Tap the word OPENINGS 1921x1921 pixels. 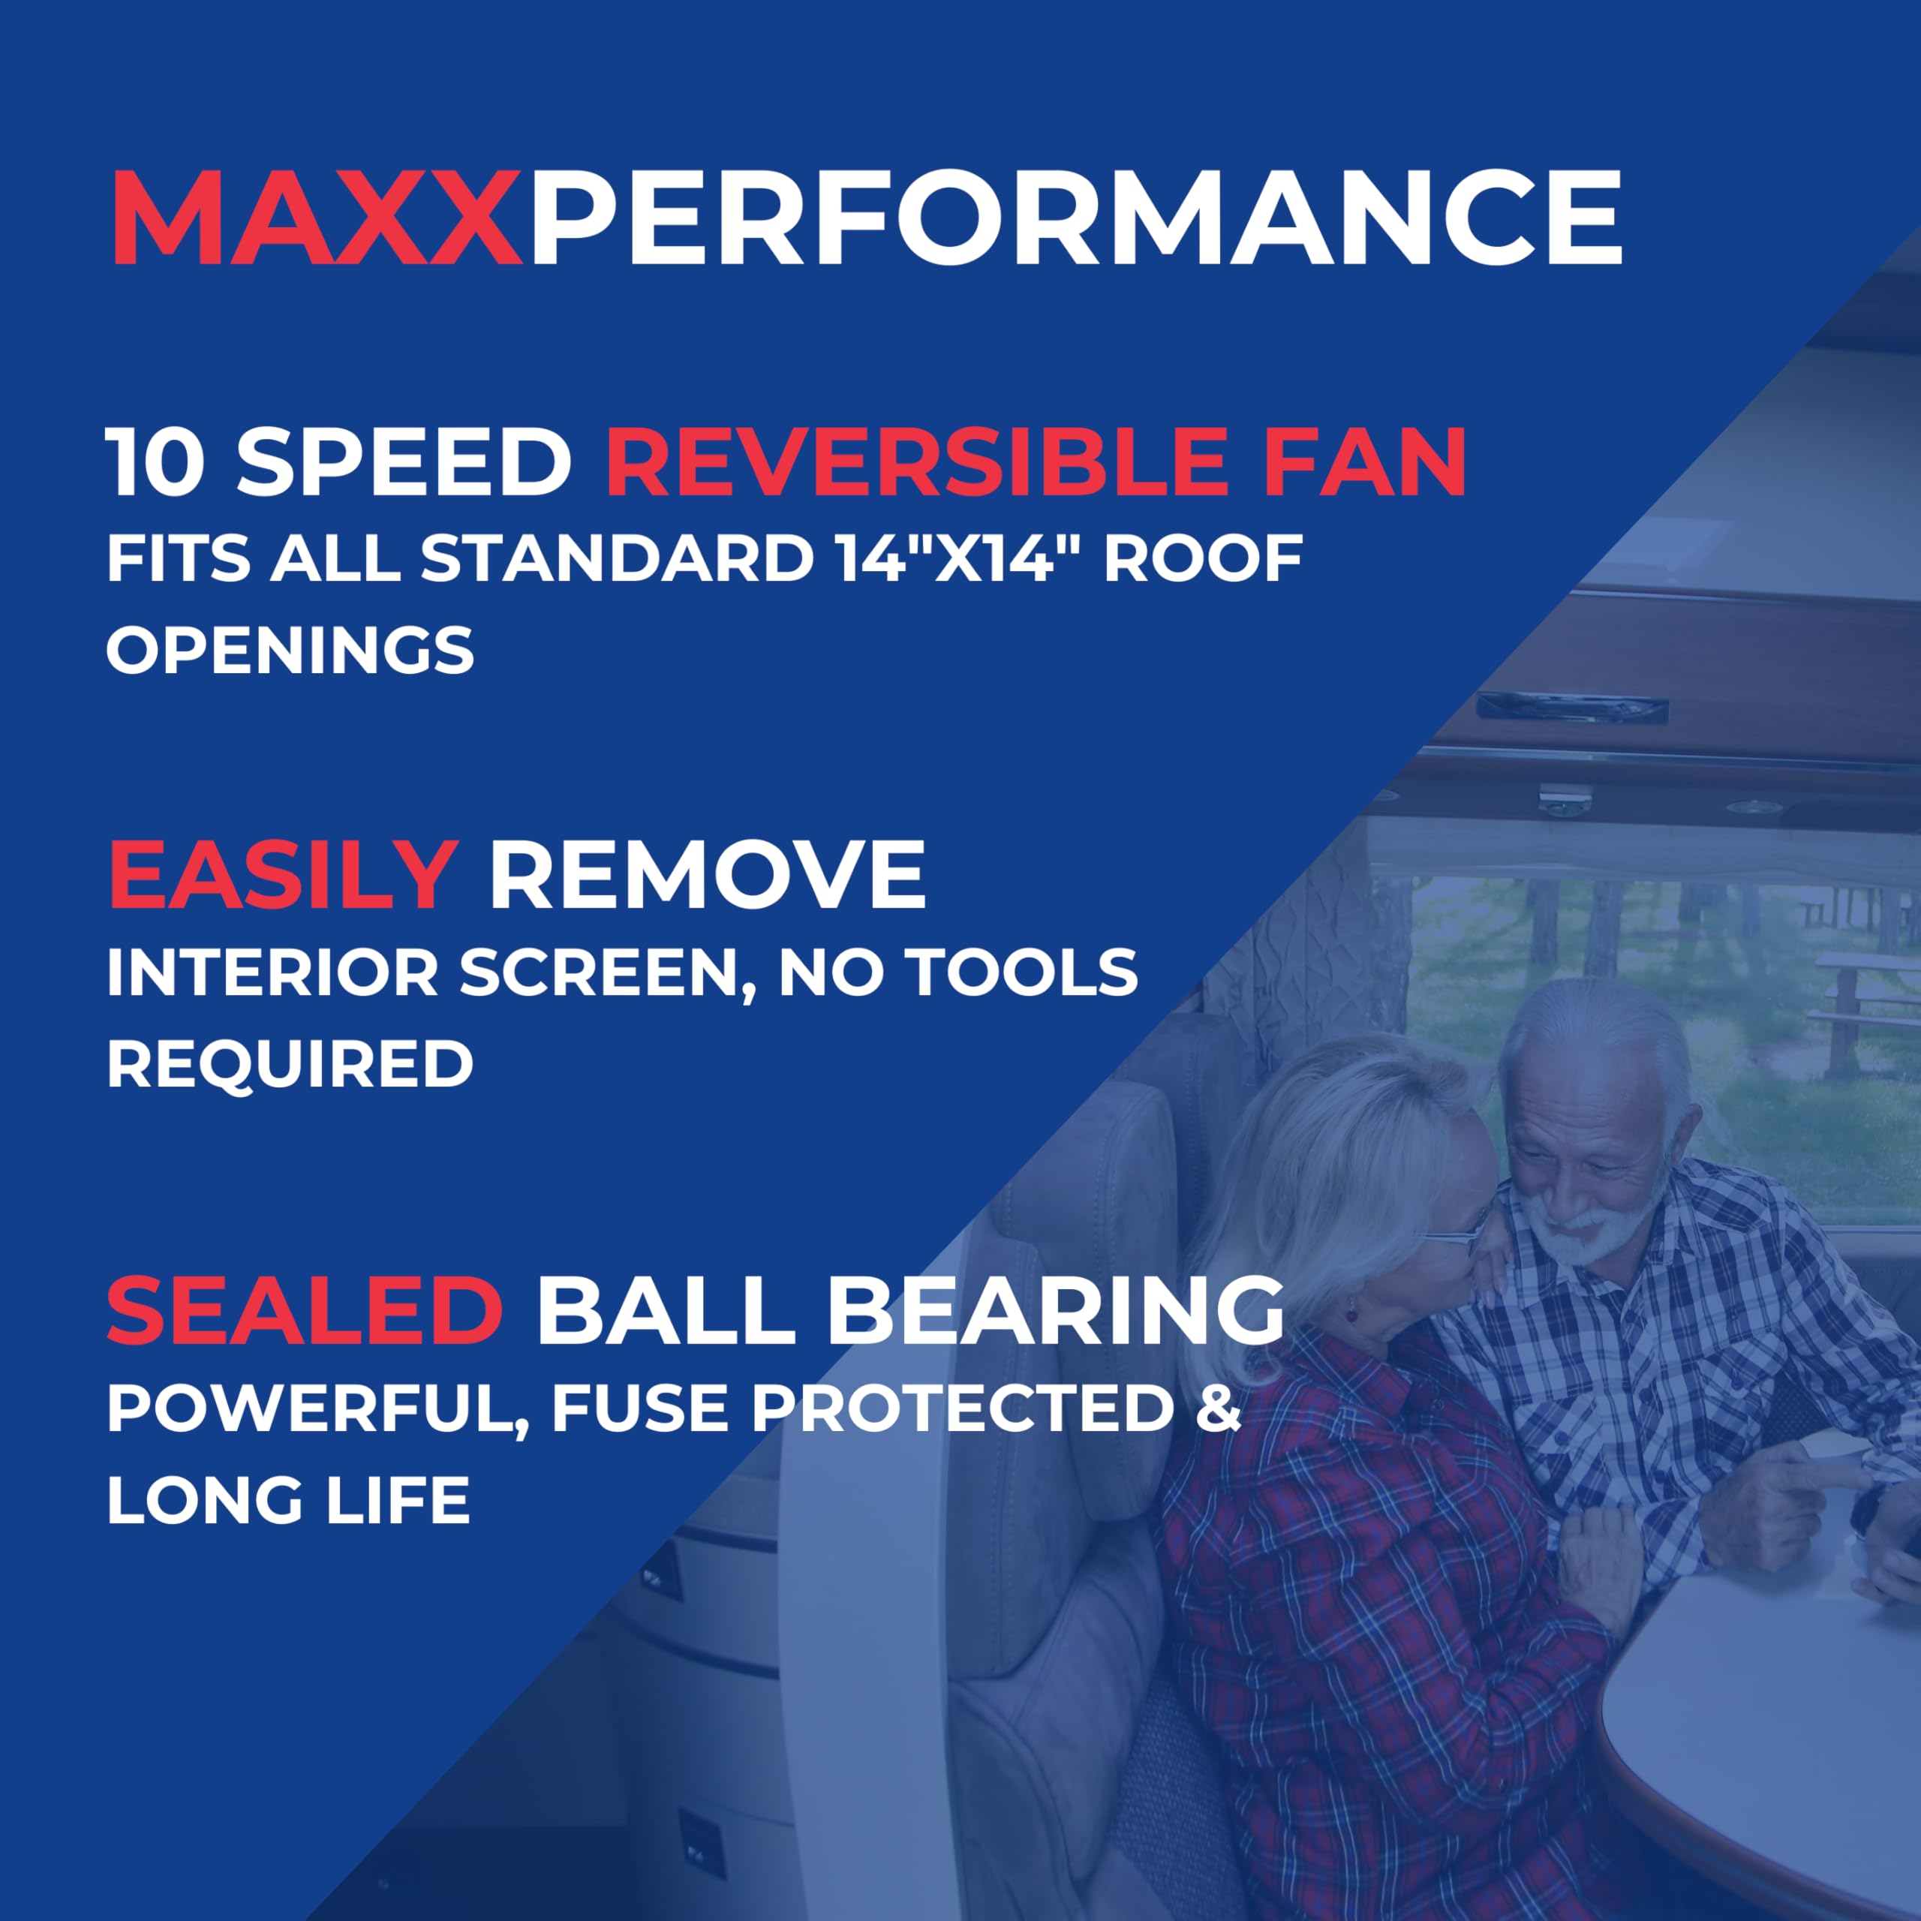[290, 651]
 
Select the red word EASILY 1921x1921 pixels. [282, 875]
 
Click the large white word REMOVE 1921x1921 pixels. [707, 875]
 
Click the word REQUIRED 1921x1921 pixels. [290, 1064]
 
